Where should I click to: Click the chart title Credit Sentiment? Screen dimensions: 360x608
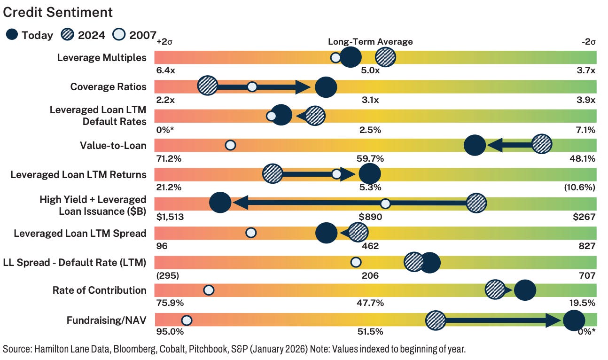[58, 13]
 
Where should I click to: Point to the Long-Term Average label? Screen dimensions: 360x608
[370, 42]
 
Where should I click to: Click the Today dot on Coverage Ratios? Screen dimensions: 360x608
[326, 87]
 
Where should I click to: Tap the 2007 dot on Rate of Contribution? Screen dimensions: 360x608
[209, 290]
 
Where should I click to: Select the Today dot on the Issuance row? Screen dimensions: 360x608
[220, 203]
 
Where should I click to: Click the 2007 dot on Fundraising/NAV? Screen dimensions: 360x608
[186, 321]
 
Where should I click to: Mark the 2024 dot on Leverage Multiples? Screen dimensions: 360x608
[385, 58]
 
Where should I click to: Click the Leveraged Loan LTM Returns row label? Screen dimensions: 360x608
[78, 175]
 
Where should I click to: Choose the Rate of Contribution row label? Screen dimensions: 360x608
[99, 290]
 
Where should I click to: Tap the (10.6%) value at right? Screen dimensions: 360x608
[580, 188]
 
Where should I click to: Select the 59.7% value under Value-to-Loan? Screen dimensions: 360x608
[370, 158]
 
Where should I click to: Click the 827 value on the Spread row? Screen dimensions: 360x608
[587, 246]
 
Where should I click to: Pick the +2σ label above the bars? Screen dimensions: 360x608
[165, 42]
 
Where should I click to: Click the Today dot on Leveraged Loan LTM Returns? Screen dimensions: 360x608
[369, 174]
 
